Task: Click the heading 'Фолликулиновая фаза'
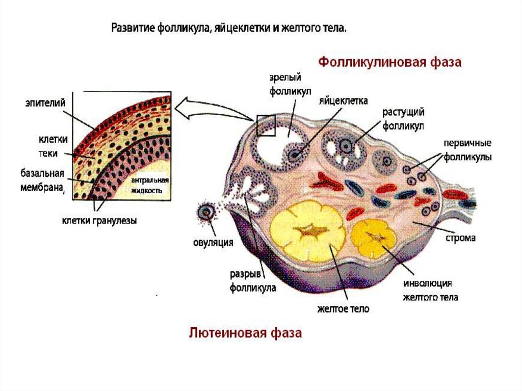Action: point(390,63)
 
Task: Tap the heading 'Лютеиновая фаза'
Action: point(245,333)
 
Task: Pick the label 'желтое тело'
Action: point(343,308)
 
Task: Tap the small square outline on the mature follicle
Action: point(266,125)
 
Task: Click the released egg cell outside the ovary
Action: point(207,212)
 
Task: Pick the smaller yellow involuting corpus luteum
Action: point(374,238)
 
